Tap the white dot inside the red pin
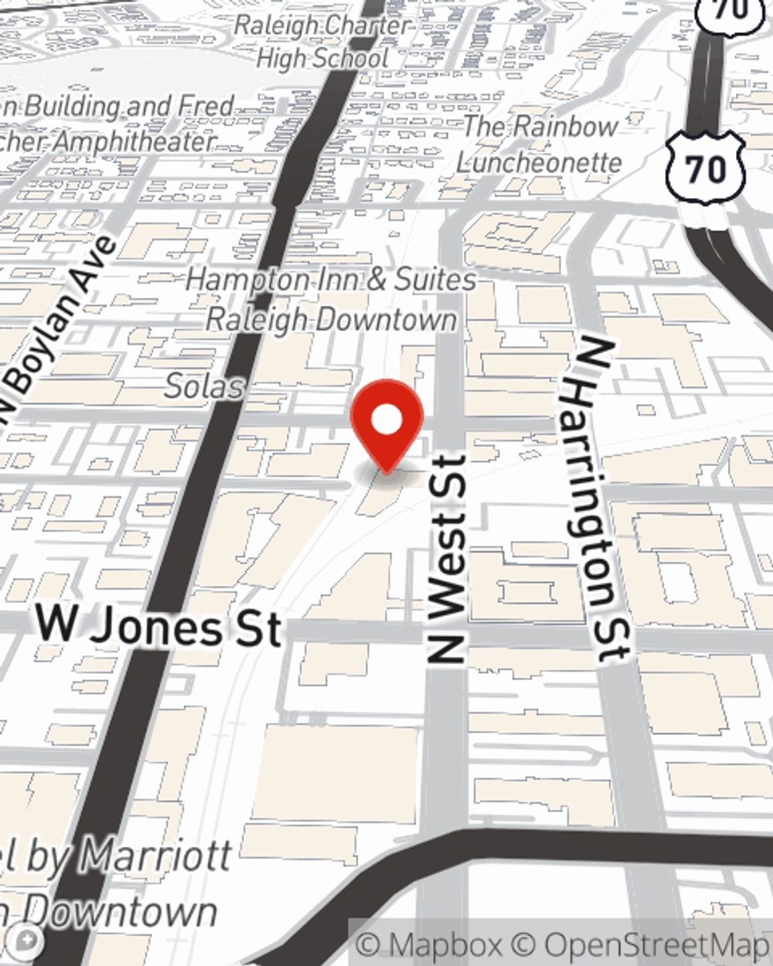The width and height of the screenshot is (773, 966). pyautogui.click(x=386, y=421)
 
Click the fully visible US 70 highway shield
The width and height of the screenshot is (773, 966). pyautogui.click(x=706, y=168)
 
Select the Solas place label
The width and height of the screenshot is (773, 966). pyautogui.click(x=204, y=386)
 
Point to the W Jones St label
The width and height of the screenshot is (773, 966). pyautogui.click(x=158, y=627)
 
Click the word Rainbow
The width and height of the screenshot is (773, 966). pyautogui.click(x=567, y=127)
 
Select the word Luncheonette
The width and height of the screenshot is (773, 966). pyautogui.click(x=539, y=162)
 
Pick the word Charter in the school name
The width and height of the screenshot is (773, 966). pyautogui.click(x=366, y=25)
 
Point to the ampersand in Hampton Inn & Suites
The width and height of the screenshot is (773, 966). pyautogui.click(x=376, y=280)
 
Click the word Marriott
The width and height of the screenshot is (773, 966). pyautogui.click(x=155, y=856)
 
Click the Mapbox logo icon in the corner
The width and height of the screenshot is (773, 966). pyautogui.click(x=26, y=940)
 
